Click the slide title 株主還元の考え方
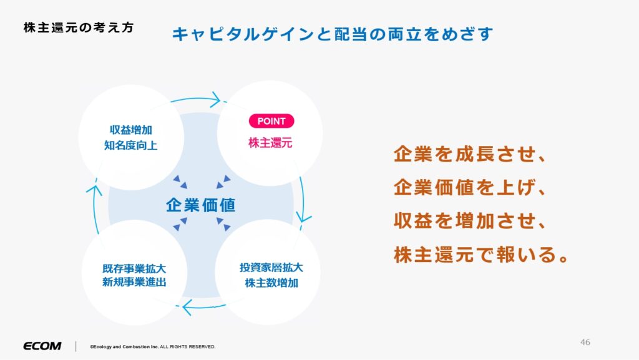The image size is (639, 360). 79,27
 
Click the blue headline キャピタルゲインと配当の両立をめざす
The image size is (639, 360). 333,34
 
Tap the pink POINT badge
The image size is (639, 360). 271,121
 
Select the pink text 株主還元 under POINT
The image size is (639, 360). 270,143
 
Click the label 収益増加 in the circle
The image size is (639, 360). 131,130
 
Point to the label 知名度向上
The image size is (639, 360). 131,145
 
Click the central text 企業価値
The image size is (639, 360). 200,205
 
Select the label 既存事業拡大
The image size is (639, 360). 134,269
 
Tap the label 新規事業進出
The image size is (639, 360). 134,282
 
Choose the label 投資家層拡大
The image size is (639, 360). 271,268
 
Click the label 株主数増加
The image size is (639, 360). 271,283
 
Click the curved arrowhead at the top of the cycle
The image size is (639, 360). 215,100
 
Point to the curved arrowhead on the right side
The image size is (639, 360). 304,216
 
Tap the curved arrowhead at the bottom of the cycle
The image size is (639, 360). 187,307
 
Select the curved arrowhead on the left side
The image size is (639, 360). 94,190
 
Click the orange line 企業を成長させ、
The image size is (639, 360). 469,154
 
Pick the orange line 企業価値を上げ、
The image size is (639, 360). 469,188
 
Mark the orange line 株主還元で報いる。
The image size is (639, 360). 481,255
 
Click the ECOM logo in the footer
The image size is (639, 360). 42,346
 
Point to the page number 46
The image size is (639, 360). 585,342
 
